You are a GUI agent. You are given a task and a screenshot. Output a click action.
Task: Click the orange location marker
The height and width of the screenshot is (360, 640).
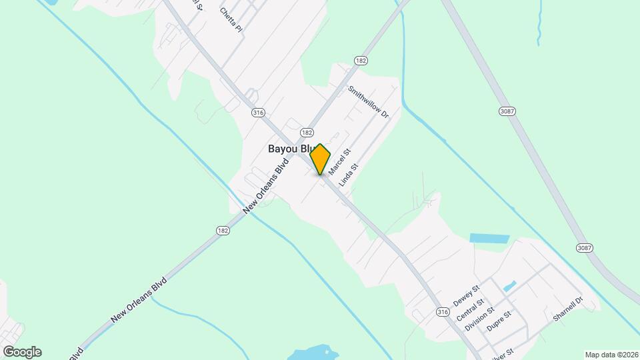click(320, 159)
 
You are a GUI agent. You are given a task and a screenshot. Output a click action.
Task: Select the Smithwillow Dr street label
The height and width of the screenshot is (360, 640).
click(368, 101)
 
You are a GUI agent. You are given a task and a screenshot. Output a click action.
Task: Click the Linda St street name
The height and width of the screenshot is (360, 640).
click(349, 175)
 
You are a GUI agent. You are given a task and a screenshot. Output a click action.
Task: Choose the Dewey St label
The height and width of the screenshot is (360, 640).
click(466, 295)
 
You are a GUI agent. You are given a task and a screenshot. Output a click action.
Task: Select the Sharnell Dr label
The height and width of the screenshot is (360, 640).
click(568, 309)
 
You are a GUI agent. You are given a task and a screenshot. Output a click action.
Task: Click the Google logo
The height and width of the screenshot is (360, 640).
click(22, 352)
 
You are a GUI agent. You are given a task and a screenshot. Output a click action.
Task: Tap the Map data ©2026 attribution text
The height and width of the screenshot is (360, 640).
click(611, 355)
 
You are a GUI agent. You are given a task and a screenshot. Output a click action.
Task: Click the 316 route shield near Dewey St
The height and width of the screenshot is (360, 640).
click(442, 312)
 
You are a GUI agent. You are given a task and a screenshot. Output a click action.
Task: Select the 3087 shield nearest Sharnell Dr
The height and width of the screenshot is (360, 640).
click(584, 248)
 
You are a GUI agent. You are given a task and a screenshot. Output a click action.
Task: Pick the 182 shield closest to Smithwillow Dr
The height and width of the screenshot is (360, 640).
click(361, 61)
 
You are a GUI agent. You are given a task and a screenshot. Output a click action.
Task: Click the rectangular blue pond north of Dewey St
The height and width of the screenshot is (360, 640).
click(489, 238)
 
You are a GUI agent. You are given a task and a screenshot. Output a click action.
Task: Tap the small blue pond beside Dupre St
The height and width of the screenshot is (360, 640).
click(509, 287)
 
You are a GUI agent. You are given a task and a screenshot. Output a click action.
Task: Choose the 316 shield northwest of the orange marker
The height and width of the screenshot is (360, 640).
click(258, 113)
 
